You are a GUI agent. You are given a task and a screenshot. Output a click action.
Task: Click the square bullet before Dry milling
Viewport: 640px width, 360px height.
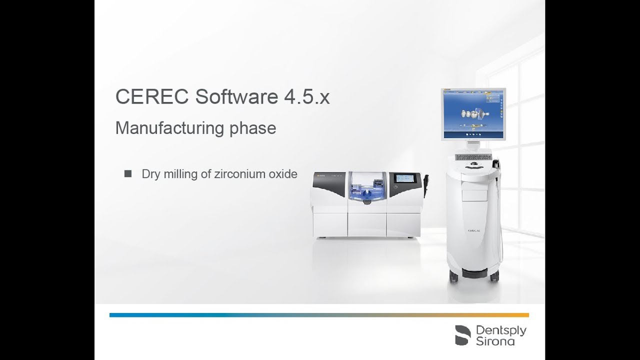[128, 174]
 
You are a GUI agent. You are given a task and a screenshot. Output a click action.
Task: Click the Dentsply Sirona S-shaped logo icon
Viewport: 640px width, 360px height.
[462, 335]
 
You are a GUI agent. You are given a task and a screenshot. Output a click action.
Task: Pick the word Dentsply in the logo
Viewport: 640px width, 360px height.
[501, 330]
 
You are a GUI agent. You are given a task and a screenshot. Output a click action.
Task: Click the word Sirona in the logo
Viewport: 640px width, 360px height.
[495, 341]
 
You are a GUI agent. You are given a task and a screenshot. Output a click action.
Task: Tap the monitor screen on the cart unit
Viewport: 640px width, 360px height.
[473, 113]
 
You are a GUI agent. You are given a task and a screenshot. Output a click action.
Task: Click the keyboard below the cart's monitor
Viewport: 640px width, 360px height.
[473, 157]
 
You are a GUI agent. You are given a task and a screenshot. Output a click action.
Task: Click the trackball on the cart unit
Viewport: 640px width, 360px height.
[473, 164]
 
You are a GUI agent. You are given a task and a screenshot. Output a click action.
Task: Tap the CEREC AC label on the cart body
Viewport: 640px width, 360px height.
[474, 231]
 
